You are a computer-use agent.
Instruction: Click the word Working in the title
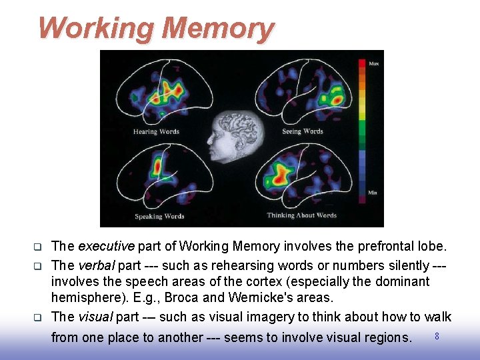pyautogui.click(x=96, y=28)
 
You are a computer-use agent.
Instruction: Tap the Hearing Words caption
pyautogui.click(x=156, y=131)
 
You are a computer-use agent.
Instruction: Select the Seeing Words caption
pyautogui.click(x=302, y=131)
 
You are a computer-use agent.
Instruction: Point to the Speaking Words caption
pyautogui.click(x=159, y=216)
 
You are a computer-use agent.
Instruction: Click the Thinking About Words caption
pyautogui.click(x=301, y=215)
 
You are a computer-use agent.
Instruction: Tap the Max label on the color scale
pyautogui.click(x=373, y=63)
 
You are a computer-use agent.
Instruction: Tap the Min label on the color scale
pyautogui.click(x=373, y=193)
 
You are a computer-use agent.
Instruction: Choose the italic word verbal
pyautogui.click(x=96, y=265)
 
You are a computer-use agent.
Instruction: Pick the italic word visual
pyautogui.click(x=95, y=317)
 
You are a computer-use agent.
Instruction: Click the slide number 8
pyautogui.click(x=437, y=336)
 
